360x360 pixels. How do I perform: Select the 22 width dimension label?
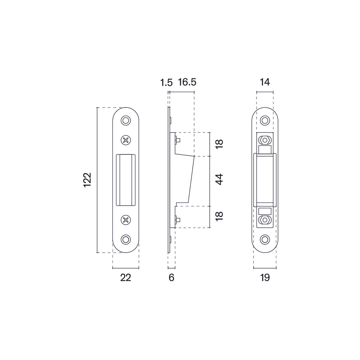tap(126, 278)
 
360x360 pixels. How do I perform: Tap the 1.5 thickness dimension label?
tap(166, 83)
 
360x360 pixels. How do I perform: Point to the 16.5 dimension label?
tap(187, 83)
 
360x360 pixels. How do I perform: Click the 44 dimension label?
tap(219, 180)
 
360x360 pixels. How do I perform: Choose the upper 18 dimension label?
tap(219, 144)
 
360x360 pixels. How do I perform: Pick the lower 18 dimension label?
tap(219, 216)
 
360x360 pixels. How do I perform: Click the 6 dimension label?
tap(172, 278)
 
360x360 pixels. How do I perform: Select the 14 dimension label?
tap(265, 83)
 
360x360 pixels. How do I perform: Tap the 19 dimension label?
tap(265, 278)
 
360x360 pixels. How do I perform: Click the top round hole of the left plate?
tap(126, 121)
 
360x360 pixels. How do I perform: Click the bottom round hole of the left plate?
tap(126, 239)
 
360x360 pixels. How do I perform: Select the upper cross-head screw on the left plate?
tap(126, 140)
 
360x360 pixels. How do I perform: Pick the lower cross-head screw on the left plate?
tap(126, 220)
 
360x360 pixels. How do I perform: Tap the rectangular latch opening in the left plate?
tap(126, 180)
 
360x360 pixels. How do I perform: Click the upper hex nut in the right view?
tap(264, 140)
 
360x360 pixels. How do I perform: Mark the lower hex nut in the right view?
tap(264, 220)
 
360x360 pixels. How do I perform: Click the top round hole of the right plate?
tap(264, 121)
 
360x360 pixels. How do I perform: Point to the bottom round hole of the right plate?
tap(264, 239)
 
